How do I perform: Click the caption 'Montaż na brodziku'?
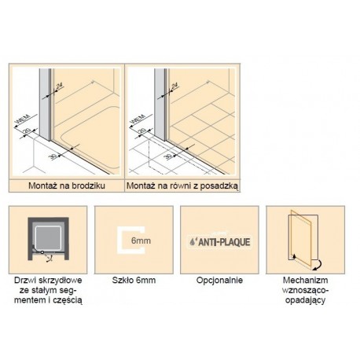click(x=67, y=186)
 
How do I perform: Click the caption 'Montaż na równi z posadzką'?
click(x=182, y=186)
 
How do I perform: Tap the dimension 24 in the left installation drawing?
click(x=60, y=86)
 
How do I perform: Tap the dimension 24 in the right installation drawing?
click(x=174, y=86)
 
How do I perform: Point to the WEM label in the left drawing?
click(x=23, y=119)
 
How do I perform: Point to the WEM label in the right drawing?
click(x=138, y=119)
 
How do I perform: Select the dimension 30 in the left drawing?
click(x=53, y=156)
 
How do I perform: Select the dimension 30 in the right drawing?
click(x=168, y=156)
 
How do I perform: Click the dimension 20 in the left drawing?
click(x=27, y=130)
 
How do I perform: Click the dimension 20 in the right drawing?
click(x=141, y=130)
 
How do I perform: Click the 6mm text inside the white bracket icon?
click(x=141, y=241)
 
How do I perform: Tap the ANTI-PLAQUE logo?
click(x=219, y=241)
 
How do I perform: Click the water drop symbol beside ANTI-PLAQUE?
click(x=192, y=242)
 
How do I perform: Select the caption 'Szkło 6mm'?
click(x=134, y=280)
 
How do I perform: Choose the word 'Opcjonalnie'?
click(x=219, y=281)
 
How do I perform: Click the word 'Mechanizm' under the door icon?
click(x=305, y=280)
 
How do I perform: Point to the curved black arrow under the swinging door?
click(x=318, y=265)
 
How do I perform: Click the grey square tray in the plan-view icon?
click(x=48, y=238)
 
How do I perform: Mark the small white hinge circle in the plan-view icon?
click(x=42, y=252)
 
